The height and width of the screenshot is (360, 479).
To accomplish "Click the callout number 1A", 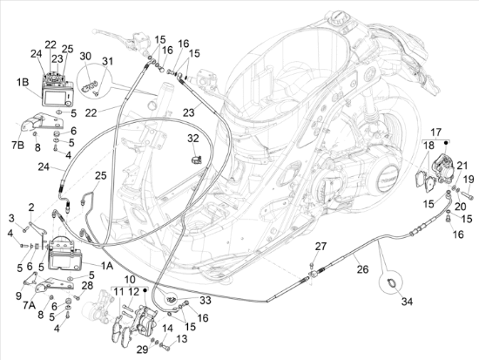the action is click(x=107, y=266).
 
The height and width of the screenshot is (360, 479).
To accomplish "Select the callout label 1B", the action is click(x=23, y=82).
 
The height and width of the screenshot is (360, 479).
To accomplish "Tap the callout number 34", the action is click(x=407, y=302).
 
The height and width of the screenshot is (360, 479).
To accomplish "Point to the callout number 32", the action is click(x=193, y=139).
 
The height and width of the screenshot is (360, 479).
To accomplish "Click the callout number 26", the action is click(x=362, y=269).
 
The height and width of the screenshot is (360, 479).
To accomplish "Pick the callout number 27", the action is click(x=320, y=246).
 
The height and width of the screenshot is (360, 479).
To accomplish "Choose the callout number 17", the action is click(x=436, y=132).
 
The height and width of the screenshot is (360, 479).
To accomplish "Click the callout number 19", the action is click(x=469, y=179).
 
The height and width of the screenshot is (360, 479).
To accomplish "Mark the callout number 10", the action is click(x=130, y=279).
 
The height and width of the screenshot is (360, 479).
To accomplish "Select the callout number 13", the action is click(x=181, y=339).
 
